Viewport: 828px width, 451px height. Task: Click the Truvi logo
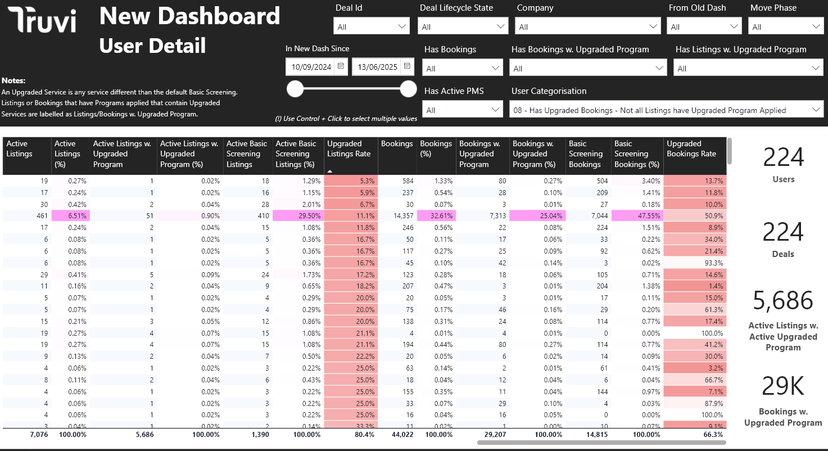click(x=42, y=20)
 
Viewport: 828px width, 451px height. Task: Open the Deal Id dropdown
click(x=372, y=26)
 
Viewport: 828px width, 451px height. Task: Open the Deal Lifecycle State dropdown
click(x=463, y=26)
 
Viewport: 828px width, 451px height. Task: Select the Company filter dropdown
click(x=587, y=26)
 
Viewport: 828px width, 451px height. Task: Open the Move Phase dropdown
click(x=785, y=26)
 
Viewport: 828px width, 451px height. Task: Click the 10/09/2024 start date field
click(x=311, y=67)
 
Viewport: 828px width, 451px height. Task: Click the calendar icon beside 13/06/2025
click(x=407, y=66)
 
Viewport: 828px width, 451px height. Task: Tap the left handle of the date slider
click(x=295, y=89)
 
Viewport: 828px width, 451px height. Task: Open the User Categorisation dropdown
click(x=666, y=110)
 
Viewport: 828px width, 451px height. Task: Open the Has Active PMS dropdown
click(x=463, y=110)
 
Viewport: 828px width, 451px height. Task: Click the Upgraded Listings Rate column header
click(x=350, y=154)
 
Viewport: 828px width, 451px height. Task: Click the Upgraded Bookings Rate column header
click(x=694, y=154)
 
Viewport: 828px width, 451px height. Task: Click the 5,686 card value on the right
click(x=783, y=301)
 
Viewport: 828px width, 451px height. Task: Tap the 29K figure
click(x=783, y=386)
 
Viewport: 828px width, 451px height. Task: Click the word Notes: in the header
click(x=13, y=81)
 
